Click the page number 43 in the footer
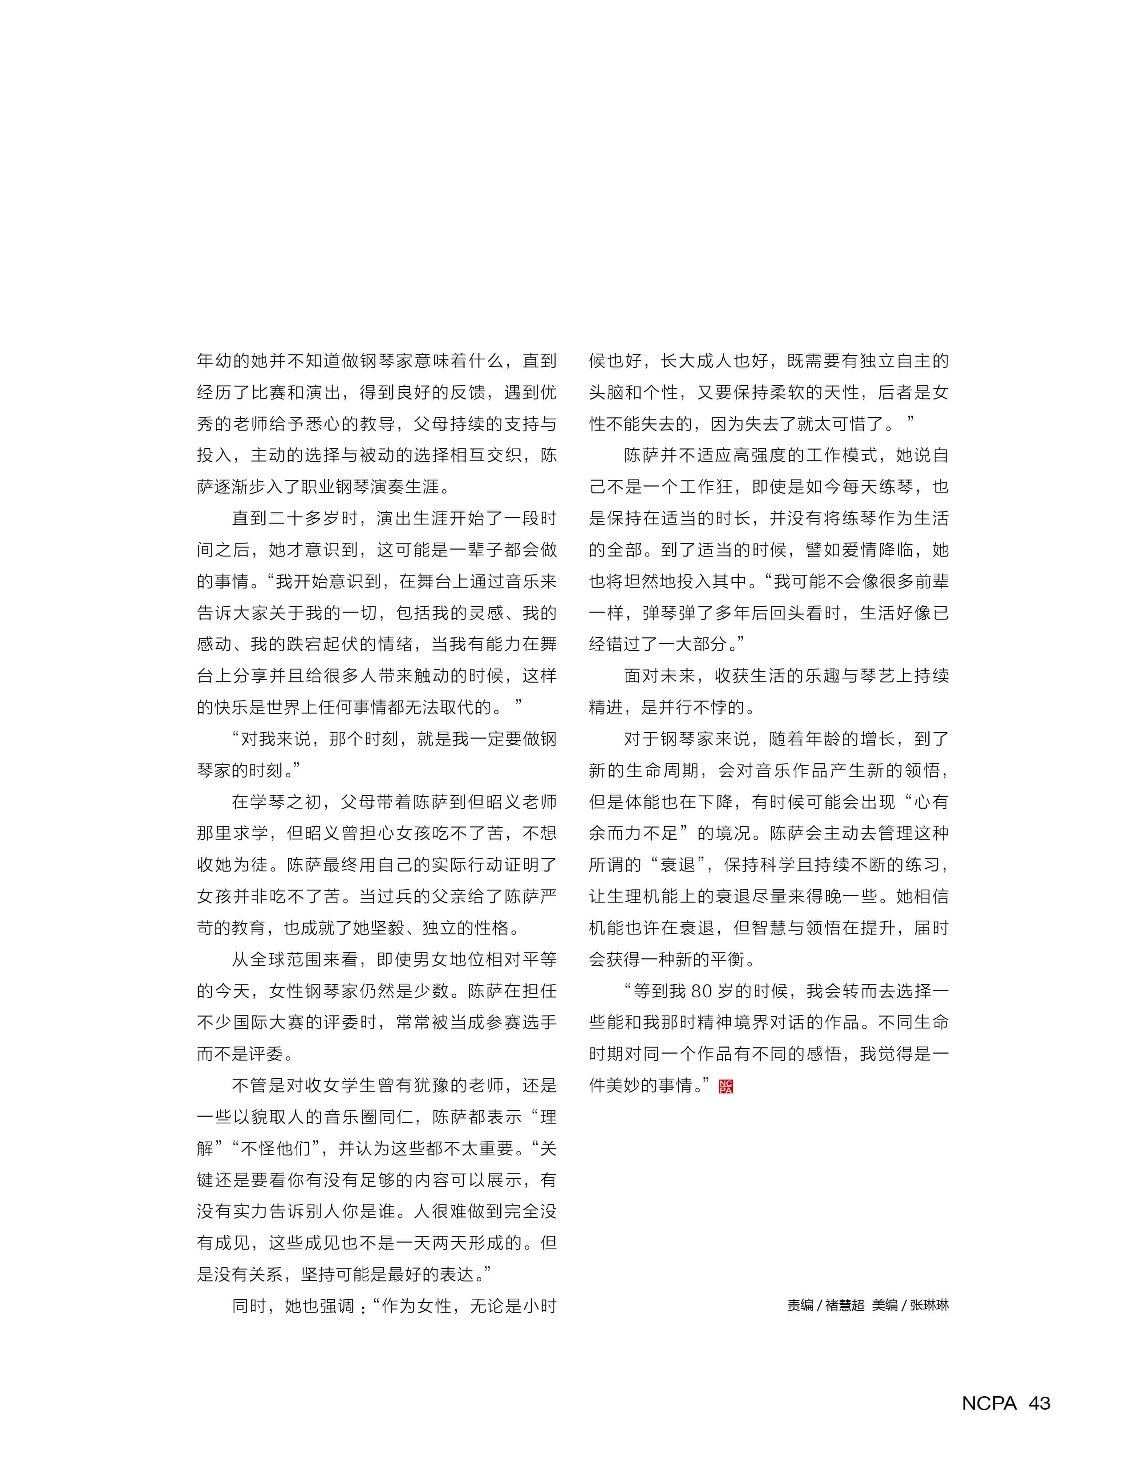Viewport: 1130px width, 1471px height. pos(1039,1402)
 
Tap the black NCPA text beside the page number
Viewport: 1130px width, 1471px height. pos(989,1402)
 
